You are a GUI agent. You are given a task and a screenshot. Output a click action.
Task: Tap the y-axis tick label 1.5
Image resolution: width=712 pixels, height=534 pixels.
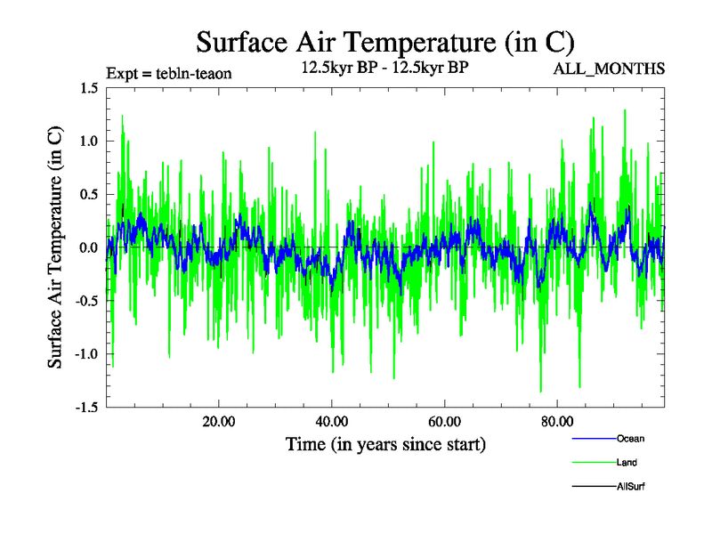[x=88, y=87]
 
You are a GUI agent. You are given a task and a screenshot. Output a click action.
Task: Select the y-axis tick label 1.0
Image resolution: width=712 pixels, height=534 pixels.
[x=88, y=141]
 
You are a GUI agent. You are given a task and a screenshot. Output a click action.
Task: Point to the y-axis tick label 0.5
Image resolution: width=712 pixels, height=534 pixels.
[x=88, y=194]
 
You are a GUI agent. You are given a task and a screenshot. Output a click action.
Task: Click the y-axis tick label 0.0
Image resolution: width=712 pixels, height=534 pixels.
[x=88, y=247]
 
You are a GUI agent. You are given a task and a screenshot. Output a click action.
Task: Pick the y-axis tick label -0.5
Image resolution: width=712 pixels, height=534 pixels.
[x=85, y=301]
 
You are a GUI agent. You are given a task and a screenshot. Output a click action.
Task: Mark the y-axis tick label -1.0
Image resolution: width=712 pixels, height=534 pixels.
[x=85, y=354]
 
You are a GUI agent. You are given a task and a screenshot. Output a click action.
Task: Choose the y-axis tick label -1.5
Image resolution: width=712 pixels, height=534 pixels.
[x=85, y=408]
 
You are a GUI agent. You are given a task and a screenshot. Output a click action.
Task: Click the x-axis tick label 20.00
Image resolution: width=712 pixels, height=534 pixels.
[x=219, y=422]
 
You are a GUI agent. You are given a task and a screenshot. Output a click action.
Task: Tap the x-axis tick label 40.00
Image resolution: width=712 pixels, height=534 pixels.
[x=331, y=422]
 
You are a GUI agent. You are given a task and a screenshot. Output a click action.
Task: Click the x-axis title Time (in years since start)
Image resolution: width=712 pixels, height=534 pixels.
[x=385, y=443]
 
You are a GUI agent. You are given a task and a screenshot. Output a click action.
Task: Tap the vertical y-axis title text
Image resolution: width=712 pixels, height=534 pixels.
[x=55, y=247]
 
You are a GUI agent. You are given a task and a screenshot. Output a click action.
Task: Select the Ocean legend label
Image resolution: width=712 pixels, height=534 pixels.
[x=630, y=438]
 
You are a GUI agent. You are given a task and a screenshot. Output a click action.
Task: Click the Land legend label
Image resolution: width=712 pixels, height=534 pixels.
[x=627, y=462]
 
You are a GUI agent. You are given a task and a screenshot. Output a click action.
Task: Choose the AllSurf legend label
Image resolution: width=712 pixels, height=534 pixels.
[x=631, y=486]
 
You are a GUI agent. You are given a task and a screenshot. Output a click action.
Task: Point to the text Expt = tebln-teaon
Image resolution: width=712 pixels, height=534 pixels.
[x=169, y=73]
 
